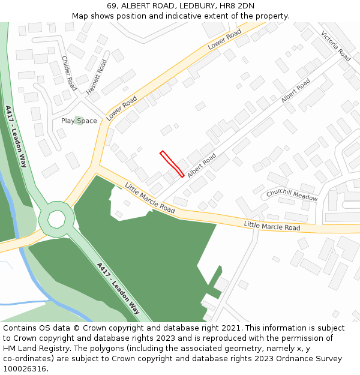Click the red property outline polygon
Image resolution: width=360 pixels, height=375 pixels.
[x=172, y=164]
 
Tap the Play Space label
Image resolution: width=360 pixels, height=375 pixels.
[x=79, y=121]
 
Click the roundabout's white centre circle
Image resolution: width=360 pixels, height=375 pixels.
[x=56, y=219]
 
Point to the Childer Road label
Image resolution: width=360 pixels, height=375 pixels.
[x=69, y=73]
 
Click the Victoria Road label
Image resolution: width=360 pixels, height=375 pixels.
[x=335, y=46]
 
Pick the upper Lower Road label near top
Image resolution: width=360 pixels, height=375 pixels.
[x=224, y=39]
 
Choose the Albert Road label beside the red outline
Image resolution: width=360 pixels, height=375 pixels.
[x=201, y=165]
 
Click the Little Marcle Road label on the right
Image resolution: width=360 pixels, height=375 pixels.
[x=272, y=226]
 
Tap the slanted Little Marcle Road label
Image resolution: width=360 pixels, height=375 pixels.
[x=150, y=199]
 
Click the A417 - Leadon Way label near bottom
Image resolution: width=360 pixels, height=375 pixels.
[x=118, y=289]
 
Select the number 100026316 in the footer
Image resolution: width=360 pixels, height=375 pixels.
[x=24, y=368]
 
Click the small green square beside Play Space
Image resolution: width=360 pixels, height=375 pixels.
[x=78, y=121]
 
